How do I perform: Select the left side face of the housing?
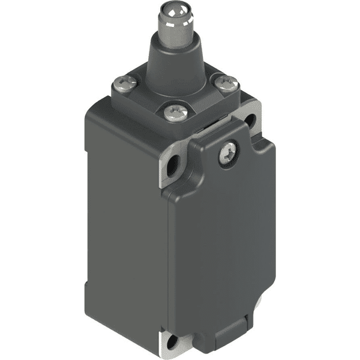click(123, 222)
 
